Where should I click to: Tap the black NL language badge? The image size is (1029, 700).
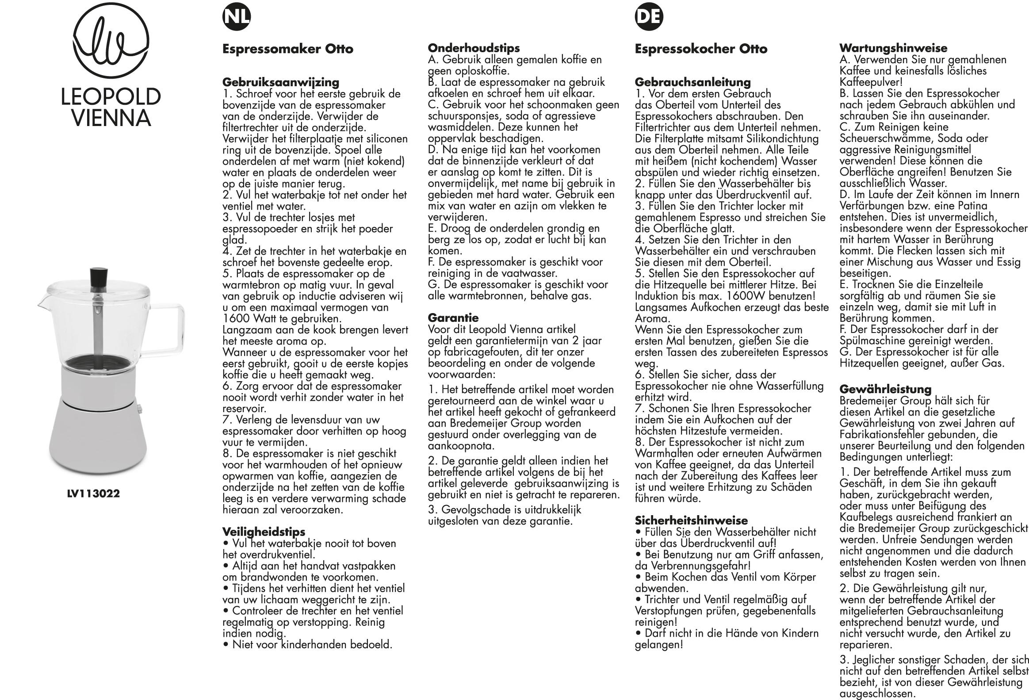237,17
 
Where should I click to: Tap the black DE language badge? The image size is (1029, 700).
649,17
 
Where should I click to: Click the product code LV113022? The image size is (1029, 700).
93,493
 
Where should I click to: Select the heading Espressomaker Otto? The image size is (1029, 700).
288,49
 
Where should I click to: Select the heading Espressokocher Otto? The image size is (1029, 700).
701,49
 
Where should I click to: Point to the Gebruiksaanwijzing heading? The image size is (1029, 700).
281,82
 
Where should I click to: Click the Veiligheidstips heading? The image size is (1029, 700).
264,532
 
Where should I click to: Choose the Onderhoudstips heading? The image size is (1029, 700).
474,48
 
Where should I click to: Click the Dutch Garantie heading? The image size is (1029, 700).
453,317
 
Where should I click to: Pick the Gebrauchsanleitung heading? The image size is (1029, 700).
693,82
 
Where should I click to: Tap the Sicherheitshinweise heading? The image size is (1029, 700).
691,520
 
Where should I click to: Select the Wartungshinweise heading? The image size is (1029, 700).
894,48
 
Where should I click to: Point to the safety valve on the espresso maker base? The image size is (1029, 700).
139,408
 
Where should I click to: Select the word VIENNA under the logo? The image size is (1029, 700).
111,118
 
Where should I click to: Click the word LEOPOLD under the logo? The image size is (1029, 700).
111,97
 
